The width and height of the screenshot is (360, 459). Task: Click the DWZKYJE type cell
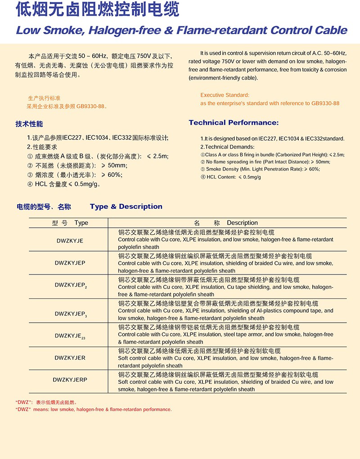click(x=70, y=241)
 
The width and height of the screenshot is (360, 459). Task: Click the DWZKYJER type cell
click(x=70, y=358)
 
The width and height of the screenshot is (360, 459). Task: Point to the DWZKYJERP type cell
click(x=70, y=380)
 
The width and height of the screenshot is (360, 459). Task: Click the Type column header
click(x=70, y=223)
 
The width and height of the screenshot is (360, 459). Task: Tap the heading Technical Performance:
click(x=234, y=123)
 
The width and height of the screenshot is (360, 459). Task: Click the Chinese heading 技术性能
click(x=29, y=124)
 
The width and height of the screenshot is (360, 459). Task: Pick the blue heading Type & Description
click(x=126, y=207)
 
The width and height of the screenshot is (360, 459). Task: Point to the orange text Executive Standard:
click(x=225, y=95)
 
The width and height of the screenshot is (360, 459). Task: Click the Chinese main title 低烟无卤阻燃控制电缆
click(x=97, y=10)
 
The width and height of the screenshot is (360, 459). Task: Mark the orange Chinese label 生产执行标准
click(x=44, y=98)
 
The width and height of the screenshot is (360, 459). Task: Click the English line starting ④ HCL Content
click(x=230, y=177)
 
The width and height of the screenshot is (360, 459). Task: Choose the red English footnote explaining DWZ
click(x=94, y=409)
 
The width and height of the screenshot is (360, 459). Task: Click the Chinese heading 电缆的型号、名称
click(x=44, y=207)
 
